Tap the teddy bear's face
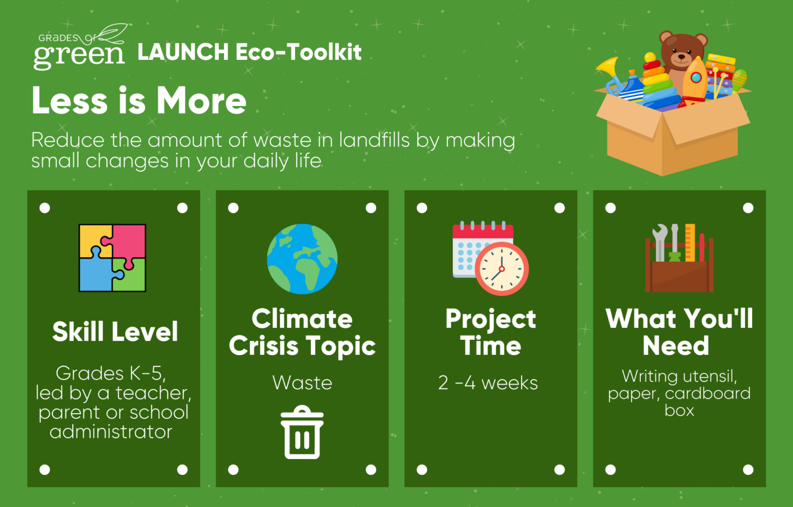[x=681, y=53]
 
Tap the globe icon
[x=302, y=259]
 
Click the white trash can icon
[x=302, y=432]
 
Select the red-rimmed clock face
[x=501, y=268]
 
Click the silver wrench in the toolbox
[x=659, y=242]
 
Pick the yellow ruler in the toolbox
[x=690, y=243]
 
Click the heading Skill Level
[x=115, y=332]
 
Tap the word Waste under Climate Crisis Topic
[x=302, y=383]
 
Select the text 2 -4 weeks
[x=488, y=383]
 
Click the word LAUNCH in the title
[x=183, y=52]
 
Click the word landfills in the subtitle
[x=374, y=140]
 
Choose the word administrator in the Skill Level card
[x=111, y=432]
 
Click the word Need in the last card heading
[x=676, y=345]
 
